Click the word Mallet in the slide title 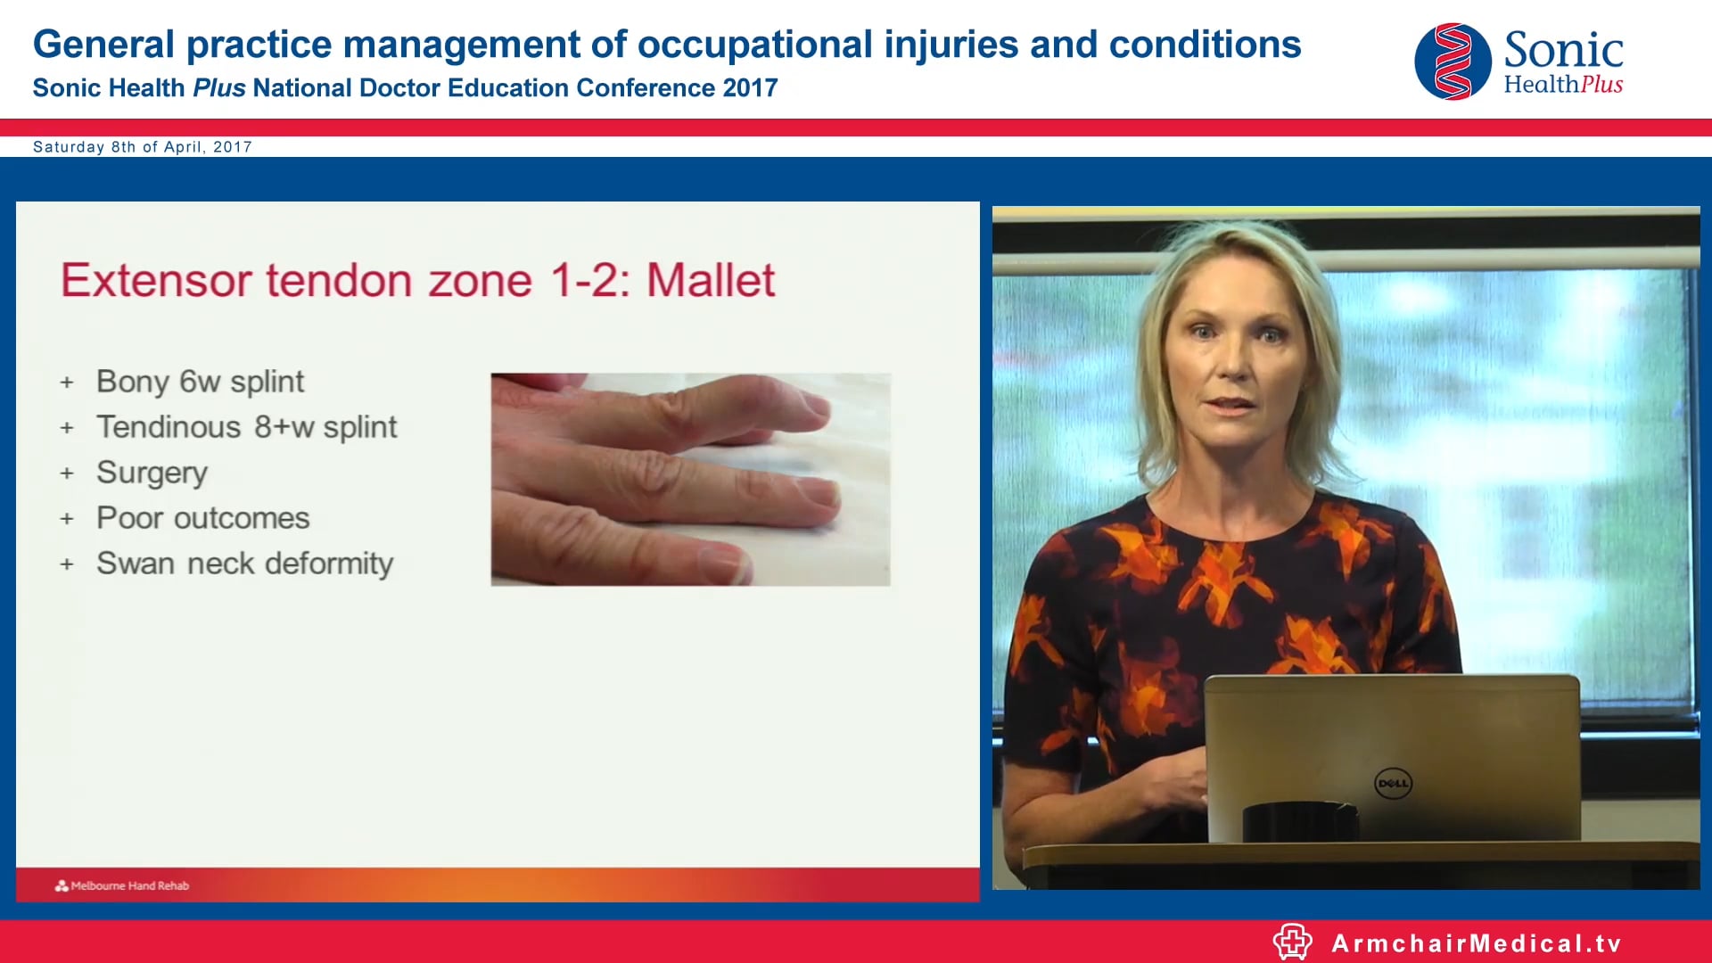[x=711, y=280]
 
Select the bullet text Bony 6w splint [x=200, y=382]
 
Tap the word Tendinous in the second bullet [x=169, y=427]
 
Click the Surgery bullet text [x=152, y=473]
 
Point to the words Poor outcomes [x=202, y=518]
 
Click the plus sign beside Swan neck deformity [x=67, y=564]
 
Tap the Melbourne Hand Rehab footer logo [x=122, y=885]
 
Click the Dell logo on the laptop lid [x=1393, y=784]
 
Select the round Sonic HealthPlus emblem [x=1453, y=62]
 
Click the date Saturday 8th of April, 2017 [x=143, y=147]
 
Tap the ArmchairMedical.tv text [x=1476, y=943]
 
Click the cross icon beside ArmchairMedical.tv [x=1292, y=942]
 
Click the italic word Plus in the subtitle [x=218, y=88]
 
